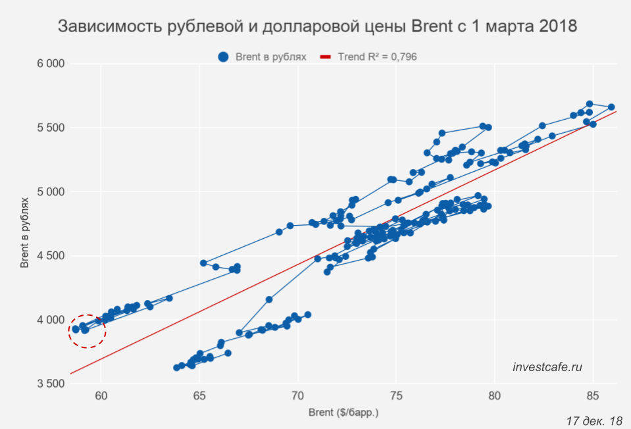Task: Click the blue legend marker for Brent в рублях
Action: coord(223,57)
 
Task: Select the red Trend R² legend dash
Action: coord(324,57)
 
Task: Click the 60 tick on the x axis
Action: coord(101,397)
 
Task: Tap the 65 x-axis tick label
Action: coord(199,397)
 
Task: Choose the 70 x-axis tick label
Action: coord(297,397)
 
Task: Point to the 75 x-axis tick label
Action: coord(396,397)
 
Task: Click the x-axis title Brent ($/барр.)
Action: coord(343,413)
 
